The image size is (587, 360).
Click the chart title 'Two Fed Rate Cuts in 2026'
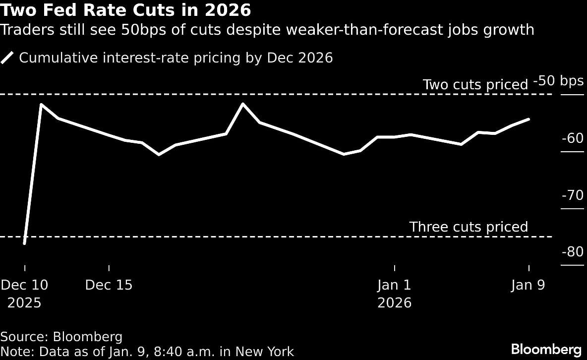125,10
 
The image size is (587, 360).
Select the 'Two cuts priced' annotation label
475,85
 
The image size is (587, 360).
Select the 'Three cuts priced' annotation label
469,227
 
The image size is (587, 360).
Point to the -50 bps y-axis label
558,81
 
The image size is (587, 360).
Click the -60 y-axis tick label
572,138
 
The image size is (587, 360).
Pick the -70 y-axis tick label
572,195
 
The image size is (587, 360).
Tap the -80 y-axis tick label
572,252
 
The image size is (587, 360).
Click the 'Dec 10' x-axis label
24,285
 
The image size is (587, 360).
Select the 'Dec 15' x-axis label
109,285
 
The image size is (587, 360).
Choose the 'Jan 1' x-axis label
394,285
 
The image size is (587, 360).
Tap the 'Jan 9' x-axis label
528,285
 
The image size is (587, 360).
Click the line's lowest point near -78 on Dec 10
24,243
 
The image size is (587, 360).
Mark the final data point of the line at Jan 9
529,119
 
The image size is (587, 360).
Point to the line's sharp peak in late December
242,104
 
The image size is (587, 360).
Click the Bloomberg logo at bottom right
546,349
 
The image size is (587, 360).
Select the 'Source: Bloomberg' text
61,337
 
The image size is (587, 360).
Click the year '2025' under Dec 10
24,302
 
